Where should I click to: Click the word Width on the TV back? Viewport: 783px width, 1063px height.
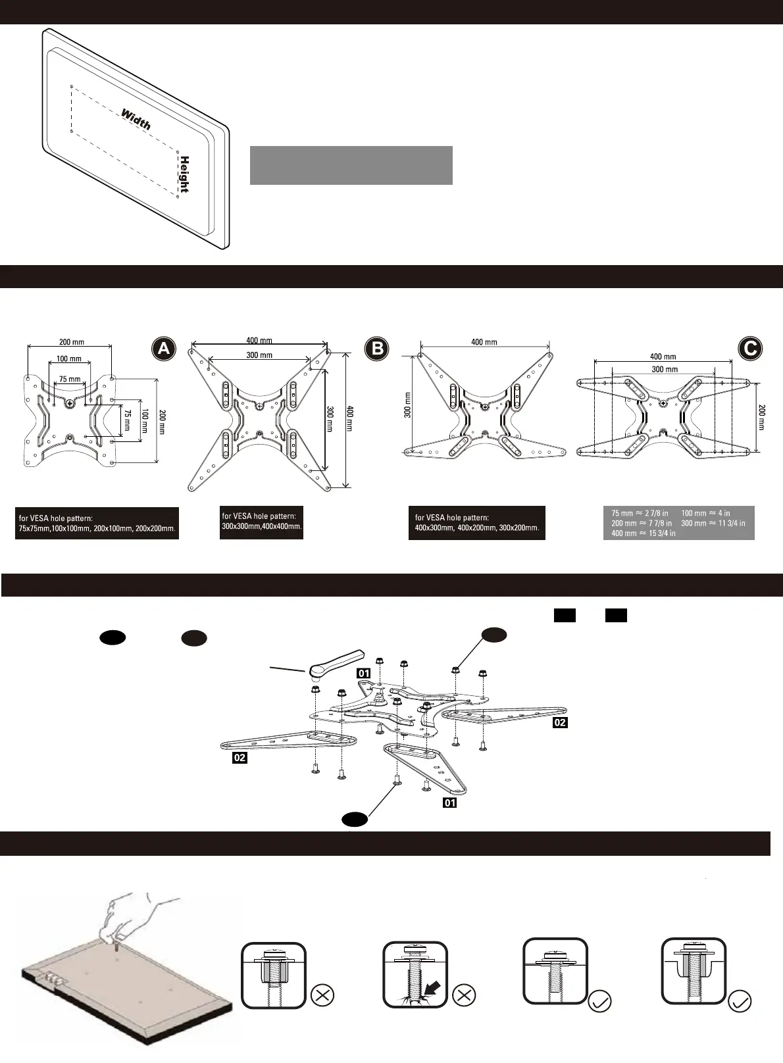click(x=136, y=120)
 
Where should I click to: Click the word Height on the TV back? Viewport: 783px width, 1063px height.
click(x=185, y=174)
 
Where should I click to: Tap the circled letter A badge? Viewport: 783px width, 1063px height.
click(x=163, y=349)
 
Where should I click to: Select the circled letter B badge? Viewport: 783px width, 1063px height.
click(x=377, y=349)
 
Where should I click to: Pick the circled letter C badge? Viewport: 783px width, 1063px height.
click(x=750, y=348)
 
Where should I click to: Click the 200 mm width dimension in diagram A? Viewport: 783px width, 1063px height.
click(x=72, y=342)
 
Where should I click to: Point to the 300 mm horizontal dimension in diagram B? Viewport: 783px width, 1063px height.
click(x=259, y=355)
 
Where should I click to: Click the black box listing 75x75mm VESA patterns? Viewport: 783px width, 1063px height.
click(x=97, y=524)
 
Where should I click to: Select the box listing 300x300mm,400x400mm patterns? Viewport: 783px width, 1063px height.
click(x=261, y=522)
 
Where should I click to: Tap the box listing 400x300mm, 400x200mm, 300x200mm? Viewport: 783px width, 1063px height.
click(x=476, y=523)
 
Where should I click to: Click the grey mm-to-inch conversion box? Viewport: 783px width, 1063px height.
click(x=678, y=523)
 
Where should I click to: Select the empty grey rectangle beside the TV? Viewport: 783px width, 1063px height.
click(x=351, y=165)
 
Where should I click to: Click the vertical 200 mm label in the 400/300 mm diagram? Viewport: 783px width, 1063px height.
click(x=761, y=416)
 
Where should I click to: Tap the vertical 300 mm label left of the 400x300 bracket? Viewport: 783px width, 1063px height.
click(x=407, y=405)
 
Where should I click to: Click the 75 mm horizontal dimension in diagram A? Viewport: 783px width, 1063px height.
click(x=70, y=379)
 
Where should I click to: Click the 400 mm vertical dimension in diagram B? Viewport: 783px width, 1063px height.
click(x=349, y=418)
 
